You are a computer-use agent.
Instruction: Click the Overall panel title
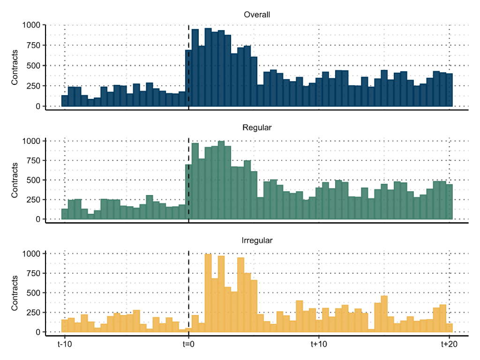257,15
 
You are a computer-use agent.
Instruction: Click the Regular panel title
257,127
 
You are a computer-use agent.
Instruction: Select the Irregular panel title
257,240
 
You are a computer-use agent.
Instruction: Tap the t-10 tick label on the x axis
65,345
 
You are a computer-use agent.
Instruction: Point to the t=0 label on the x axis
188,345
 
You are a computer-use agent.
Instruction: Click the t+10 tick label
319,345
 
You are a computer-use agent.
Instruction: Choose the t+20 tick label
449,345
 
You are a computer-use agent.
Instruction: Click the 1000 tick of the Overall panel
31,25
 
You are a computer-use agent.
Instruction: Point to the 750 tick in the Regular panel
33,161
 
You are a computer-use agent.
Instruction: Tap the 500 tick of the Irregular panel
33,293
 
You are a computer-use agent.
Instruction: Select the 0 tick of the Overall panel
38,106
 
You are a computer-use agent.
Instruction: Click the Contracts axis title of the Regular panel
15,180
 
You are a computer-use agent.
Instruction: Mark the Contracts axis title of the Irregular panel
15,293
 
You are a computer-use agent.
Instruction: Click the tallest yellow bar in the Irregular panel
208,293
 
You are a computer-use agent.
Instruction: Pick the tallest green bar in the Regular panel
221,180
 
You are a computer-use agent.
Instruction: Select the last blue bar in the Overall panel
449,90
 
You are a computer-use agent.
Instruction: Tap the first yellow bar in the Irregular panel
65,326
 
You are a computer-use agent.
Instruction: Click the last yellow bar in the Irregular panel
449,328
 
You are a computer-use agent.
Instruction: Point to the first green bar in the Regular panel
65,214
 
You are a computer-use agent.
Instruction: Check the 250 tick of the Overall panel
33,86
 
